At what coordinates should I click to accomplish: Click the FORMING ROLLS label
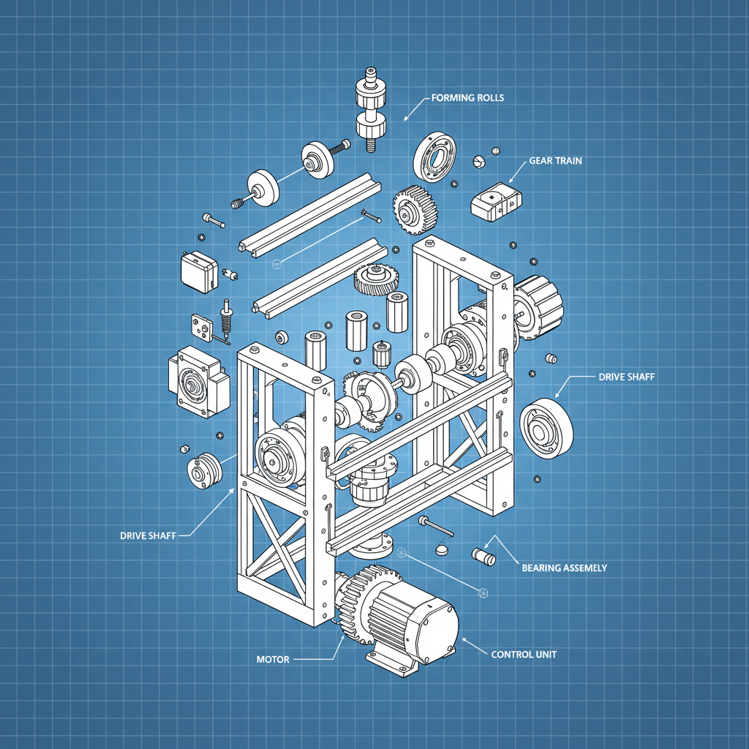click(x=467, y=97)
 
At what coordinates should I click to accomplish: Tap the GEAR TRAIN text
click(x=555, y=160)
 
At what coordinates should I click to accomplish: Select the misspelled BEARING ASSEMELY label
click(x=564, y=568)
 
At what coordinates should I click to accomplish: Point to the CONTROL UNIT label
click(x=524, y=654)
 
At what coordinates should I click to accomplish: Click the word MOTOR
click(x=273, y=659)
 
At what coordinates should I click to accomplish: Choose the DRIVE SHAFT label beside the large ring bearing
click(x=626, y=377)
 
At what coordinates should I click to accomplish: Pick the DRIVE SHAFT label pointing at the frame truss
click(x=148, y=535)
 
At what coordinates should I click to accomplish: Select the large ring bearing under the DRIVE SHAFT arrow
click(x=547, y=429)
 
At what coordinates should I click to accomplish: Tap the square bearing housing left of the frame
click(x=196, y=382)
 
